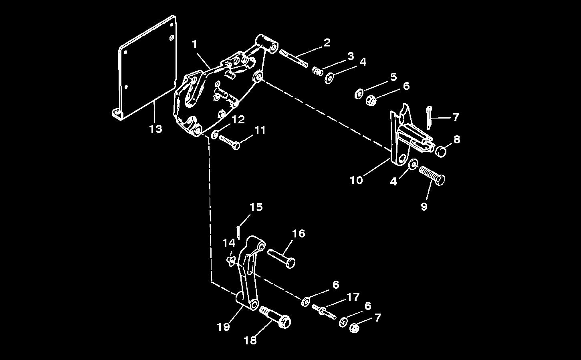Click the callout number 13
[x=155, y=129]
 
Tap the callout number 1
[x=195, y=44]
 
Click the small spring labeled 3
[x=318, y=71]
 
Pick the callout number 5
[x=393, y=76]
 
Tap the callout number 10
[x=356, y=180]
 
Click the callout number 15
[x=256, y=207]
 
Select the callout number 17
[x=353, y=297]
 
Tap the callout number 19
[x=223, y=327]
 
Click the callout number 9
[x=424, y=206]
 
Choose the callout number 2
[x=327, y=42]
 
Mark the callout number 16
[x=299, y=233]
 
